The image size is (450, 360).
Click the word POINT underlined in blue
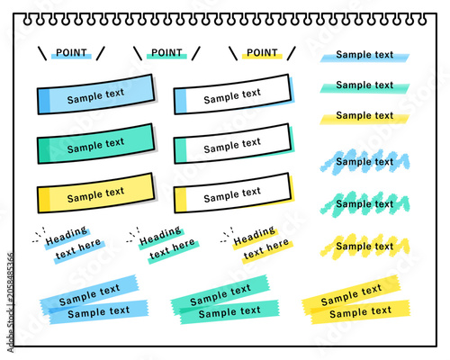tap(71, 52)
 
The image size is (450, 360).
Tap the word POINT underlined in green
tap(166, 52)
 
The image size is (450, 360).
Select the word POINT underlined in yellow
tap(262, 52)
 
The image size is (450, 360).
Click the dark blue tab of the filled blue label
tap(44, 101)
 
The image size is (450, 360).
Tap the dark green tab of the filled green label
tap(44, 150)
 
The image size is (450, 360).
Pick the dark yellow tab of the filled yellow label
tap(44, 200)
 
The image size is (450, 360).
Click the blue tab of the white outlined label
tap(181, 101)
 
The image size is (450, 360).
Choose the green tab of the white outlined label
tap(181, 150)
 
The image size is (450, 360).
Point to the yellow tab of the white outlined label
tap(181, 200)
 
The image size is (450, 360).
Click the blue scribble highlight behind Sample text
tap(364, 162)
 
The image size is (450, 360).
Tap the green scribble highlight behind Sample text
tap(364, 204)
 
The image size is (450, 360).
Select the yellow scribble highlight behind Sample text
tap(364, 247)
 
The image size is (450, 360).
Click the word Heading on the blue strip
tap(67, 236)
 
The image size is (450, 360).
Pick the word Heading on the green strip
tap(160, 236)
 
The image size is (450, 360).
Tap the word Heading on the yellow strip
tap(255, 236)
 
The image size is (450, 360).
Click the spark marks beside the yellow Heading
tap(227, 235)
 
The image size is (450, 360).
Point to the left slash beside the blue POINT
tap(42, 53)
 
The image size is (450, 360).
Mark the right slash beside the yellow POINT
tap(292, 53)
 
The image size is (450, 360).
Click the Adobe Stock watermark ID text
tap(11, 302)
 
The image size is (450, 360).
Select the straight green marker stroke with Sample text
tap(364, 87)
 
